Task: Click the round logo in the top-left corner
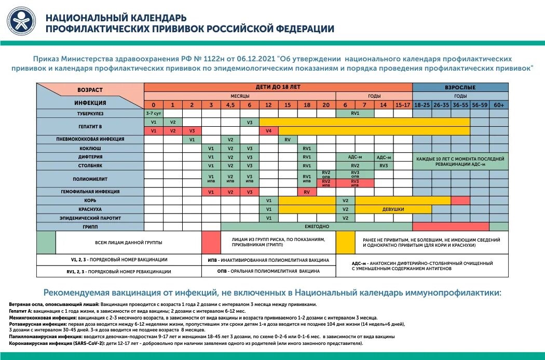tap(22, 22)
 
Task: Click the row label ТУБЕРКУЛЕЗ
tap(90, 113)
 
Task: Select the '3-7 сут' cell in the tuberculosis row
tap(153, 113)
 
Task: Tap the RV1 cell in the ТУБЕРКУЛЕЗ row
tap(355, 113)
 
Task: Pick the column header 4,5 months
tap(230, 104)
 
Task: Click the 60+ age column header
tap(499, 104)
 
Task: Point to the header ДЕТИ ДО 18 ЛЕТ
tap(278, 87)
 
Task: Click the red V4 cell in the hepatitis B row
tap(268, 130)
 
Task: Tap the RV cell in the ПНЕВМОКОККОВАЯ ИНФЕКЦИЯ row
tap(288, 139)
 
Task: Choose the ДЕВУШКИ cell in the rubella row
tap(393, 209)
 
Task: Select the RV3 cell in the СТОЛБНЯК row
tap(384, 166)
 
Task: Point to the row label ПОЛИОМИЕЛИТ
tap(90, 179)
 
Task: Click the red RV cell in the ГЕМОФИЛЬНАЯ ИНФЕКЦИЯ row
tap(307, 192)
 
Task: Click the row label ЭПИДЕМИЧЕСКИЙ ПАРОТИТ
tap(90, 218)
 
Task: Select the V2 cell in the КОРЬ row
tap(345, 201)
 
